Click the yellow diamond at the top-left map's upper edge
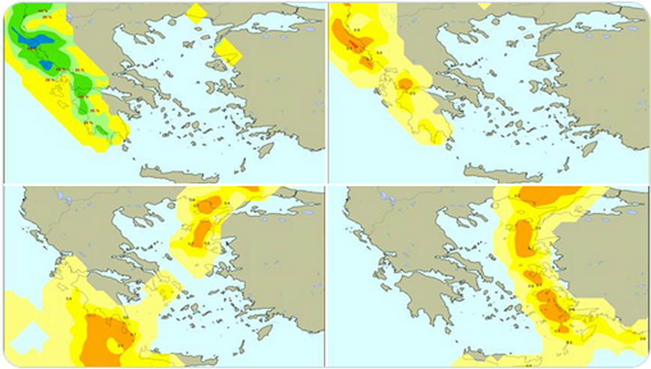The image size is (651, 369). coord(196,13)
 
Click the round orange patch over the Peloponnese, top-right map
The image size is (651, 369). coord(406,82)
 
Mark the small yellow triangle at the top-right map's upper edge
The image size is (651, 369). coord(484,6)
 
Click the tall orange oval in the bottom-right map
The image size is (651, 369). coord(523,237)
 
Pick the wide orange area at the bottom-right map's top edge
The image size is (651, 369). coord(547,195)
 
